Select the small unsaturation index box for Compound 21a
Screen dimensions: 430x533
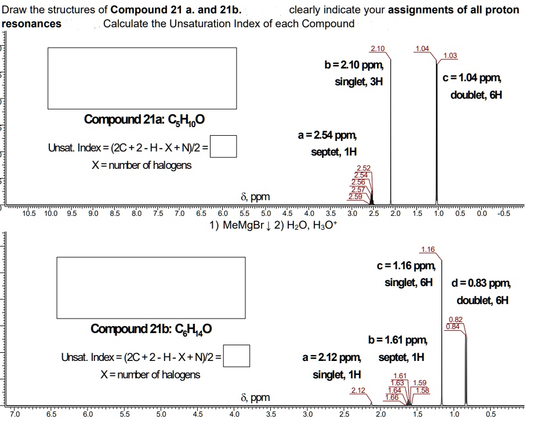tap(227, 146)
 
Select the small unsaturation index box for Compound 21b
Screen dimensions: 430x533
tap(240, 356)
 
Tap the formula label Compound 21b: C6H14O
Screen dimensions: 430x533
tap(151, 329)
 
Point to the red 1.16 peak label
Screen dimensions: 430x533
tap(427, 250)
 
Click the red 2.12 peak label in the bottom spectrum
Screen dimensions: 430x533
tap(358, 390)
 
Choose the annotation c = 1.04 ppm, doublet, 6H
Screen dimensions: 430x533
tap(472, 86)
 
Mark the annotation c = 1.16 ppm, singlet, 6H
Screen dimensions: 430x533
tap(405, 274)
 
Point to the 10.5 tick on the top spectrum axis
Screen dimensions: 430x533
tap(28, 213)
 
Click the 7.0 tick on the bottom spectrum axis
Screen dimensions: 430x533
tap(14, 414)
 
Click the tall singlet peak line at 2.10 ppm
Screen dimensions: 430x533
tap(390, 128)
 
